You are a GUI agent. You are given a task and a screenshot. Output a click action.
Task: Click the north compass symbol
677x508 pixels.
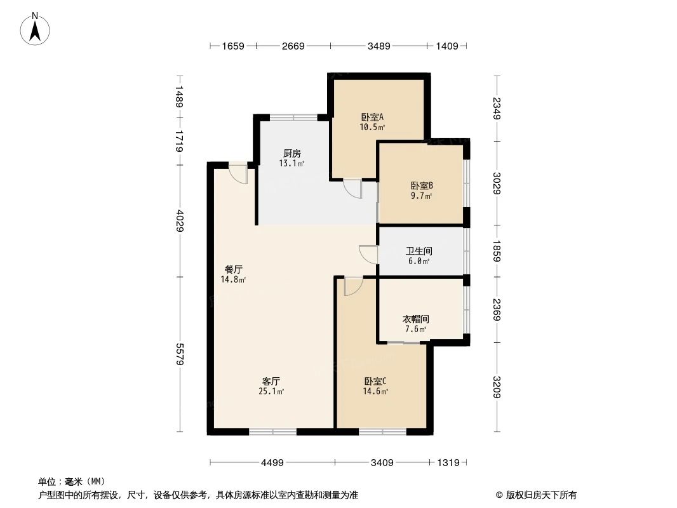36,29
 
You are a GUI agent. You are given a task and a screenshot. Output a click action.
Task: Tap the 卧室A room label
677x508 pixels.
372,117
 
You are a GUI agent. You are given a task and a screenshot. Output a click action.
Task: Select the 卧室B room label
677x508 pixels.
422,186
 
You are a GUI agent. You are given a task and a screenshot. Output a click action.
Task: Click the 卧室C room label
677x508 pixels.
375,382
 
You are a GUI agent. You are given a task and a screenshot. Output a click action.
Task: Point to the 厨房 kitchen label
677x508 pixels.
292,154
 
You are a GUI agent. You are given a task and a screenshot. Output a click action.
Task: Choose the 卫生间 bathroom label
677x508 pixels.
419,251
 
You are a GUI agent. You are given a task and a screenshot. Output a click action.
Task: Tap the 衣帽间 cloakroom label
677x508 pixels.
417,319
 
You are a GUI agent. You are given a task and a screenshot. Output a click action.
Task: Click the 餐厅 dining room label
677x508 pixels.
233,269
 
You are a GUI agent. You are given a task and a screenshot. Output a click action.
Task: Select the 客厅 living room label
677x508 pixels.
271,382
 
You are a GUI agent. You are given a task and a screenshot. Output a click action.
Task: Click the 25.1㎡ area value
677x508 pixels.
271,392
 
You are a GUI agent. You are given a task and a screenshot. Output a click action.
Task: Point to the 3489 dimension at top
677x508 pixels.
379,46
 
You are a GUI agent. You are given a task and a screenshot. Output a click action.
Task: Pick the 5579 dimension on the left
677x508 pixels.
180,353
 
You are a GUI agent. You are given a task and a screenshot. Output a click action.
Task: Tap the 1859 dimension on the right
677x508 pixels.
497,251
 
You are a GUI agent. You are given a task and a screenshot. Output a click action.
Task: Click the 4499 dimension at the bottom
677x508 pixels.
272,463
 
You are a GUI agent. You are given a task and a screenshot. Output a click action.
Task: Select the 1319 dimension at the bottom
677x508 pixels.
448,463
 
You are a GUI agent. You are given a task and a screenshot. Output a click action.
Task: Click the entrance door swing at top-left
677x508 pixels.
238,173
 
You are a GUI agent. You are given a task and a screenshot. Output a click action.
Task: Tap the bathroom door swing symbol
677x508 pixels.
368,254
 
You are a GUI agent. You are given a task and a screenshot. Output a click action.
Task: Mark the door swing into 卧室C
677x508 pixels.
352,286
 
